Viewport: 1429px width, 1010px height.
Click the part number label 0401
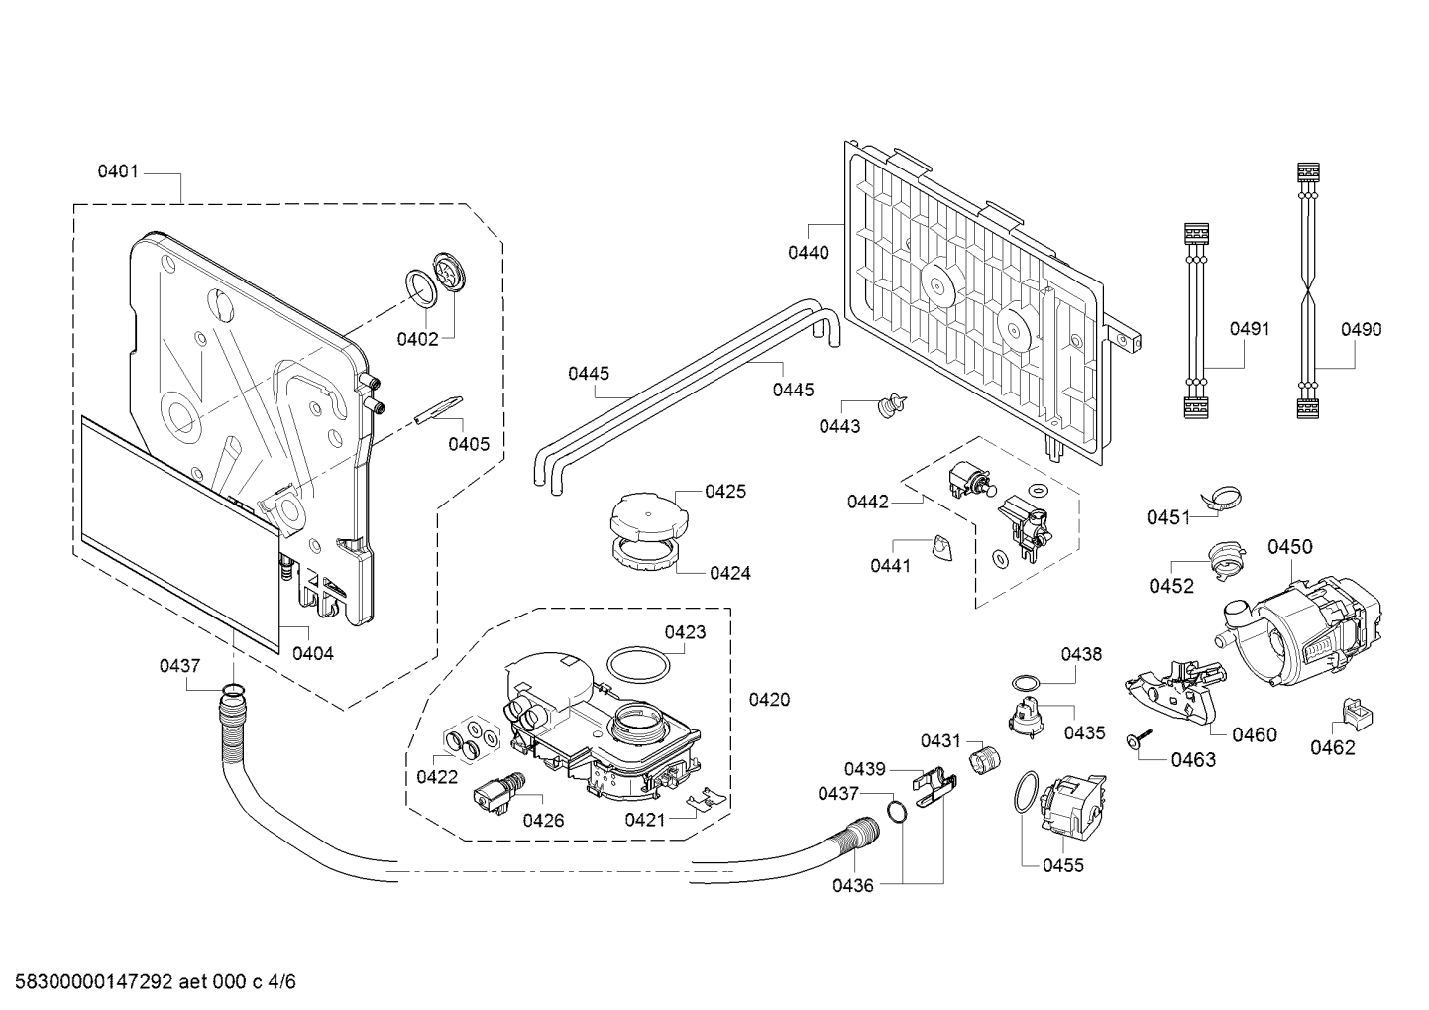click(118, 171)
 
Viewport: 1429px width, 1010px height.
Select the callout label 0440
click(809, 253)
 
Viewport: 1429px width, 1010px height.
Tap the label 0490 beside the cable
click(1361, 330)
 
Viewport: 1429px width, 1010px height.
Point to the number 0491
click(1250, 329)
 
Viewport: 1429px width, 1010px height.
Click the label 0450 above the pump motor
click(1290, 547)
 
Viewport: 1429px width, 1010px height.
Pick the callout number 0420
click(769, 700)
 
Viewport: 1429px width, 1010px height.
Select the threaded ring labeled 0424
click(644, 552)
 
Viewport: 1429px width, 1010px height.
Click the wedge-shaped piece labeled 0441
click(941, 548)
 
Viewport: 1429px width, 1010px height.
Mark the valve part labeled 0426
click(499, 793)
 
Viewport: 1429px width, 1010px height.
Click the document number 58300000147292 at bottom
click(94, 982)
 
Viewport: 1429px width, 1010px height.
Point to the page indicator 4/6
click(282, 982)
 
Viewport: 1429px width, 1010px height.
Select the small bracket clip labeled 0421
click(706, 798)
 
